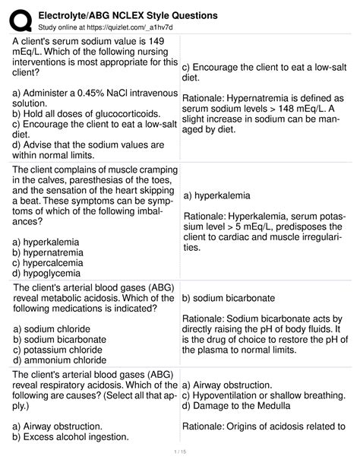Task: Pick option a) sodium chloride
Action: pyautogui.click(x=52, y=328)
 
